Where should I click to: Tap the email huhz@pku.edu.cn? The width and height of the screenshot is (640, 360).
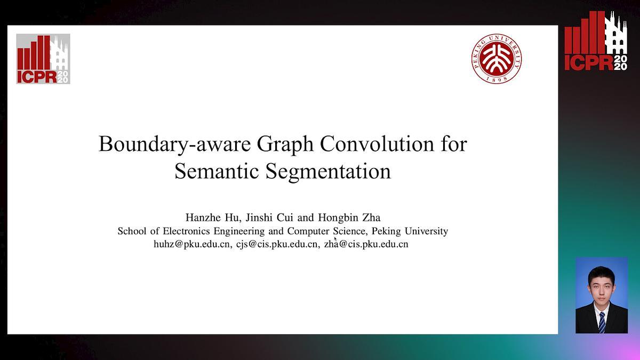(x=191, y=244)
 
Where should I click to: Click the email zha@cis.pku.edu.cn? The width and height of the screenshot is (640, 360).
(x=366, y=244)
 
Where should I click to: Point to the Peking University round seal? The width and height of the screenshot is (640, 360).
(x=497, y=58)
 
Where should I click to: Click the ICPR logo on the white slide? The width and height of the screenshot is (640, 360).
(x=43, y=59)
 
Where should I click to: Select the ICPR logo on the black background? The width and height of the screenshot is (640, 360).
(x=596, y=42)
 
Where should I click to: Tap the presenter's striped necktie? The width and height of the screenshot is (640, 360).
(x=602, y=322)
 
